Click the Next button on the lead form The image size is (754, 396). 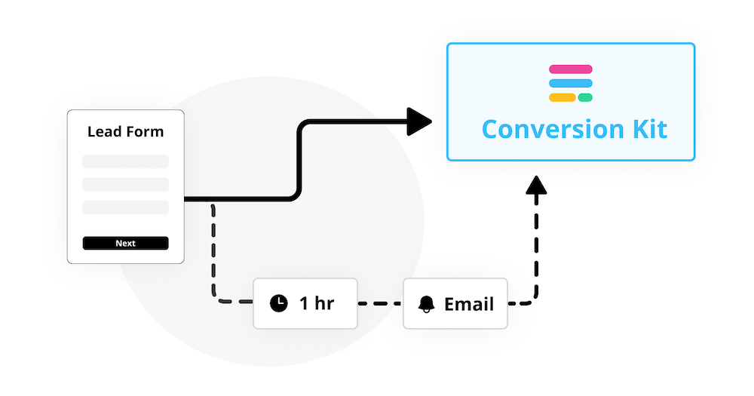coord(125,243)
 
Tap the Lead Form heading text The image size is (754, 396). coord(125,132)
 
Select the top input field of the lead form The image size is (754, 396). coord(125,161)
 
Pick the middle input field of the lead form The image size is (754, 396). coord(125,184)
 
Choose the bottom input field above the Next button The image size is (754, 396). coord(125,207)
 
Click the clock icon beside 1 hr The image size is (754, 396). coord(279,304)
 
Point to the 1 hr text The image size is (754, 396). coord(317,304)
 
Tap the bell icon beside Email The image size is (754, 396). coord(427,304)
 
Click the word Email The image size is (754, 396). coord(469,304)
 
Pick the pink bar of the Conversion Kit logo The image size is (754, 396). coord(571,69)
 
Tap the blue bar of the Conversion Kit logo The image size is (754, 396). coord(571,83)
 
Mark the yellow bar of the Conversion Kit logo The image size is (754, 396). coord(562,97)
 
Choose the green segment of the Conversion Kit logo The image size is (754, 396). coord(585,97)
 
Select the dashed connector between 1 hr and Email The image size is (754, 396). coord(379,304)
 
